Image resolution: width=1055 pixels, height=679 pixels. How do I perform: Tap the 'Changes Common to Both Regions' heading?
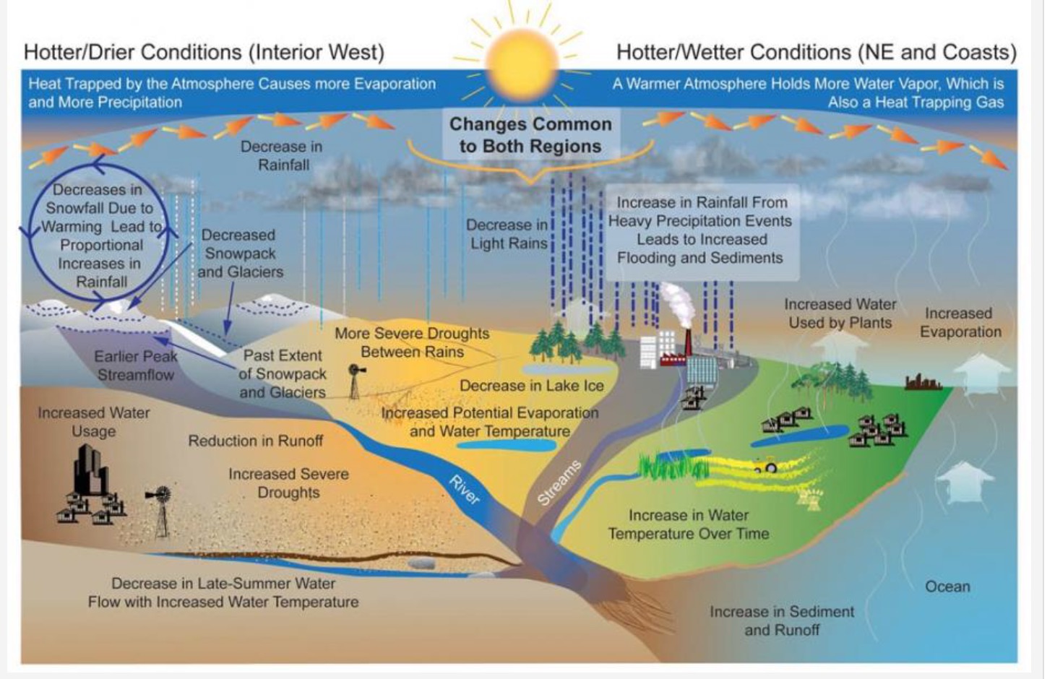pyautogui.click(x=530, y=135)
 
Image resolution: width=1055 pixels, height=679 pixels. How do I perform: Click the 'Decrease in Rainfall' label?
pyautogui.click(x=282, y=155)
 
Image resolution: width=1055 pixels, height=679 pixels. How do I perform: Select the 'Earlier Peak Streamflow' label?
pyautogui.click(x=136, y=365)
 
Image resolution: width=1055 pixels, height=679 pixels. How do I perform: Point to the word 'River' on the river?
pyautogui.click(x=463, y=490)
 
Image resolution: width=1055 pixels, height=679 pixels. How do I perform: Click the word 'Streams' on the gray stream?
pyautogui.click(x=559, y=482)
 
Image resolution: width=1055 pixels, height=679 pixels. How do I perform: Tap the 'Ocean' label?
pyautogui.click(x=947, y=587)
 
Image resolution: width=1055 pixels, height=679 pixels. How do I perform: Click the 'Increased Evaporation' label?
pyautogui.click(x=960, y=322)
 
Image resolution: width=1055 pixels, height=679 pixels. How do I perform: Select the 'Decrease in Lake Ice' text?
pyautogui.click(x=531, y=386)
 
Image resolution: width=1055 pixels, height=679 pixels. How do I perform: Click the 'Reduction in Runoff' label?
pyautogui.click(x=255, y=441)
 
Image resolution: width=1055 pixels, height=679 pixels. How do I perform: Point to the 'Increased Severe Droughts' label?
pyautogui.click(x=288, y=483)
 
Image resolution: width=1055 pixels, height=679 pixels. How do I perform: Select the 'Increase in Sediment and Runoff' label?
pyautogui.click(x=781, y=620)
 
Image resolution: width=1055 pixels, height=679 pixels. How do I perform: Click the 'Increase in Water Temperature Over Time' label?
pyautogui.click(x=688, y=524)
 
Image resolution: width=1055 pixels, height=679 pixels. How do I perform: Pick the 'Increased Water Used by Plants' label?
pyautogui.click(x=840, y=313)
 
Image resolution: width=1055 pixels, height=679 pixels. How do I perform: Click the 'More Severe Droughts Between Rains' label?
pyautogui.click(x=412, y=342)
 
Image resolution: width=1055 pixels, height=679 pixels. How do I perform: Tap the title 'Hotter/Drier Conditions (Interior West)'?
pyautogui.click(x=204, y=53)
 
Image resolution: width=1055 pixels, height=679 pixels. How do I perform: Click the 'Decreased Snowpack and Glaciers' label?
pyautogui.click(x=240, y=254)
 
